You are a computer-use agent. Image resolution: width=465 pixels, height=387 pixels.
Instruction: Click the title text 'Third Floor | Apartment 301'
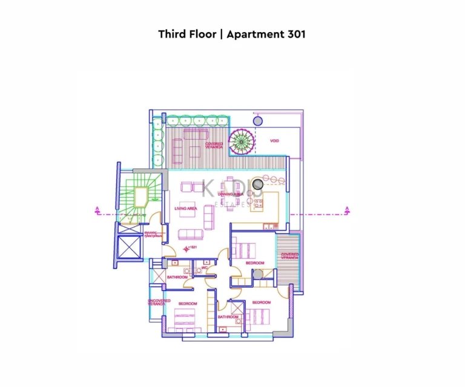point(232,34)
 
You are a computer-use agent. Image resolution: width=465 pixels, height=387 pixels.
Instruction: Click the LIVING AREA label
point(186,209)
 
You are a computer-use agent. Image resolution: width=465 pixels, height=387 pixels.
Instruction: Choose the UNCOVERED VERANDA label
point(159,301)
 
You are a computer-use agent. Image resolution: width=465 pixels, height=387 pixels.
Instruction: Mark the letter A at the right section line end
point(347,210)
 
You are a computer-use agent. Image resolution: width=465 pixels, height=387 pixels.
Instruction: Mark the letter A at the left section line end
point(97,210)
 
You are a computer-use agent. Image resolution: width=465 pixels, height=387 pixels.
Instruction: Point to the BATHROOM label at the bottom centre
point(228,317)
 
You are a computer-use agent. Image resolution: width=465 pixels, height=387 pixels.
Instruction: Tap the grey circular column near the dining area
point(257,184)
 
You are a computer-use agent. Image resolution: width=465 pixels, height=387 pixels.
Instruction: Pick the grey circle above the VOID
point(258,122)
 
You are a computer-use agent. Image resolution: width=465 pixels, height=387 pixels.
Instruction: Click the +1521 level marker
point(193,247)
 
